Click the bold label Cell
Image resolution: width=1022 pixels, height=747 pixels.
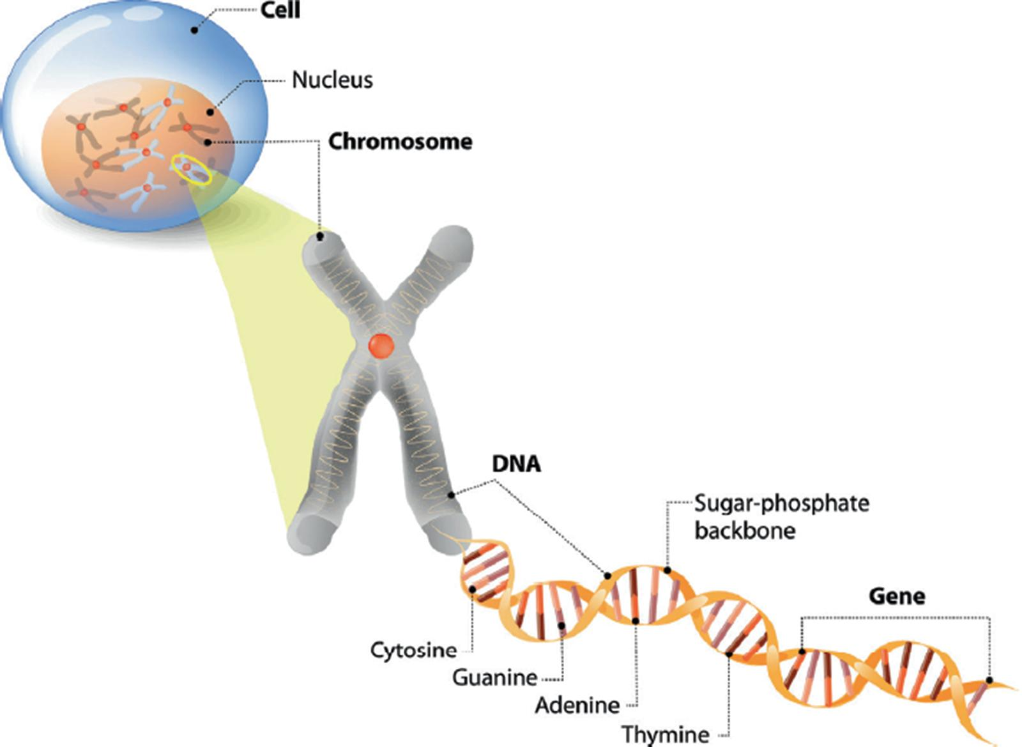(x=280, y=10)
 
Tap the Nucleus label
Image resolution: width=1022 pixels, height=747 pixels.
(x=332, y=81)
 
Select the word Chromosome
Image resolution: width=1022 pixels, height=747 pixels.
(x=400, y=141)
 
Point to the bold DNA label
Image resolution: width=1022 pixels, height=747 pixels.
(x=516, y=464)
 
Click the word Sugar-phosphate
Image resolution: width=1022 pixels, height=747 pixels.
(x=781, y=504)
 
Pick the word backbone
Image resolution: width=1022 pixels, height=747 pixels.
(x=745, y=530)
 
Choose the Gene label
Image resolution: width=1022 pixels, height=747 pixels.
(x=897, y=596)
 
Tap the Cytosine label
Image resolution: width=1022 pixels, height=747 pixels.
(x=413, y=651)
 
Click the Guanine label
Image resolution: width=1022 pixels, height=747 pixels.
(x=494, y=677)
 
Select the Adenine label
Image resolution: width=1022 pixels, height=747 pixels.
(x=577, y=705)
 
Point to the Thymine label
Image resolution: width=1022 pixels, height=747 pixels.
(x=665, y=734)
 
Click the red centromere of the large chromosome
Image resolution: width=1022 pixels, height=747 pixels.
(x=381, y=346)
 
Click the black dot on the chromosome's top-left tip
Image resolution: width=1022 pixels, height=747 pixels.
(x=320, y=237)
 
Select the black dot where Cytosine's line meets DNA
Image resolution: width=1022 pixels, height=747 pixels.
(x=472, y=589)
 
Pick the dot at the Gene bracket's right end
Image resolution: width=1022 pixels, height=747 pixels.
(x=989, y=681)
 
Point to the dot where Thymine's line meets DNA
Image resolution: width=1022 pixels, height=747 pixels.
(x=729, y=654)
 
